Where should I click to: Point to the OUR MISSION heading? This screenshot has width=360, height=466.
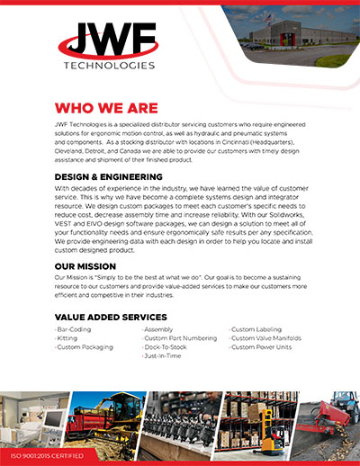[85, 266]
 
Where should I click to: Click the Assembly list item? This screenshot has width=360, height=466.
[160, 330]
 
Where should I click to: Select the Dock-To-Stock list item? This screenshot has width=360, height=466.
[167, 347]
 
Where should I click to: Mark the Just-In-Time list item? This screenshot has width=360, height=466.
[164, 356]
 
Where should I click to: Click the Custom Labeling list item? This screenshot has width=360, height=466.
[257, 330]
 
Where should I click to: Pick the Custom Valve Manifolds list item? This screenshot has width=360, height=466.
[265, 338]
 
